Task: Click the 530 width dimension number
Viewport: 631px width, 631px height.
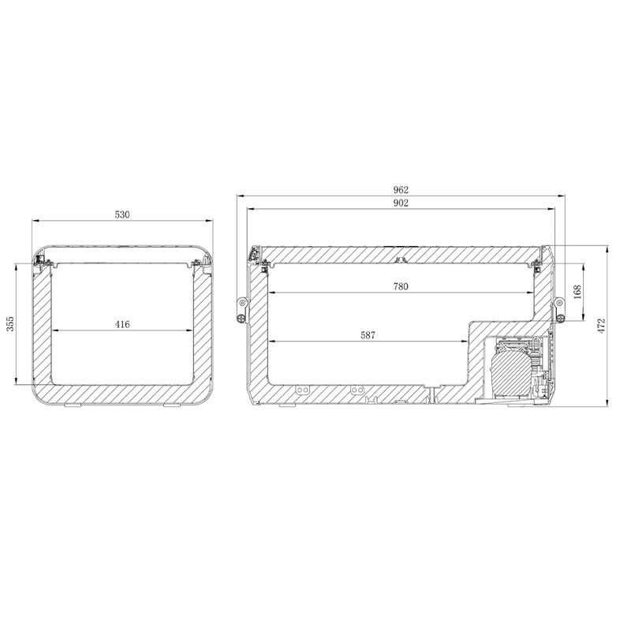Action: (x=121, y=214)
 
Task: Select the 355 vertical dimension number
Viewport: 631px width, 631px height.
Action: (x=9, y=325)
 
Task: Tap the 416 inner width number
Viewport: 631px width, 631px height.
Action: (x=121, y=323)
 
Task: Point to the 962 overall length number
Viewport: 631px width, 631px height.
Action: (x=401, y=189)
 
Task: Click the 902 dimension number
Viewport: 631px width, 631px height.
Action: (x=401, y=203)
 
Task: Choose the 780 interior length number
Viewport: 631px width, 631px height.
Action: (x=401, y=287)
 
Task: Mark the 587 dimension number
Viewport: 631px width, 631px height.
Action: (x=368, y=334)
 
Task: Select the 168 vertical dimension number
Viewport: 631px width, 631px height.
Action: (x=577, y=291)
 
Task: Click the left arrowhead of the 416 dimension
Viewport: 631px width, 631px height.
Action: (x=54, y=330)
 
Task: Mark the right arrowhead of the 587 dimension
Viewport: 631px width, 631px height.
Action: (x=465, y=341)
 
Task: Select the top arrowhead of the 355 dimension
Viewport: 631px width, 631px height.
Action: (x=16, y=266)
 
